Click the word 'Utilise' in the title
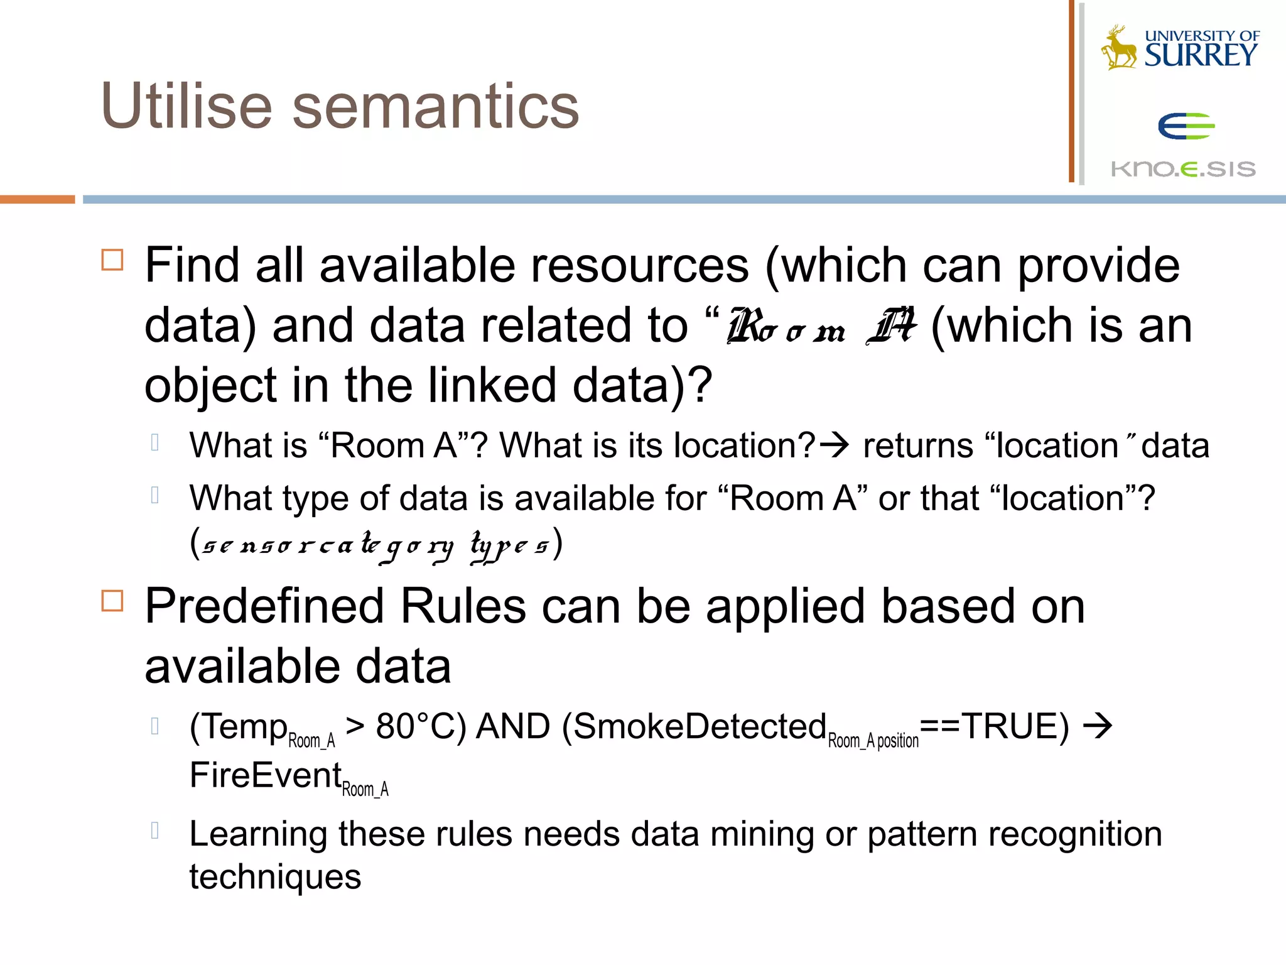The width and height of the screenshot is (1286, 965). tap(186, 106)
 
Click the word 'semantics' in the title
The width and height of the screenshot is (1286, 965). tap(435, 107)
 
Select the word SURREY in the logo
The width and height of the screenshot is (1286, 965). tap(1201, 55)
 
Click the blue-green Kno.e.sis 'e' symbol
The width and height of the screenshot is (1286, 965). tap(1186, 126)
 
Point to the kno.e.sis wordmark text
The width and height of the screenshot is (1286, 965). tap(1183, 169)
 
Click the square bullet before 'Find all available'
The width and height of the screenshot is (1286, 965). tap(112, 259)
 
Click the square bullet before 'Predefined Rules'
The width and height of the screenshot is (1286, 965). tap(112, 601)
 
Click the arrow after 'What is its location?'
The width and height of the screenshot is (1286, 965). tap(835, 445)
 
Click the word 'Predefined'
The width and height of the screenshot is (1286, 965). tap(264, 607)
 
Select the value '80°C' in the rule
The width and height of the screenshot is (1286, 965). tap(420, 727)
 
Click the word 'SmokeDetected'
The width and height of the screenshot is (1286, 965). tap(700, 727)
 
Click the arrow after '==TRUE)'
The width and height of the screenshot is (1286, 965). tap(1098, 727)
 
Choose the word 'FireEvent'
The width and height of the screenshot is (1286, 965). tap(266, 775)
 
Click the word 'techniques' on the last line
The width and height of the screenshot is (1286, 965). tap(275, 877)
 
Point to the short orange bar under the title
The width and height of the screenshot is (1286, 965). tap(37, 200)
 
